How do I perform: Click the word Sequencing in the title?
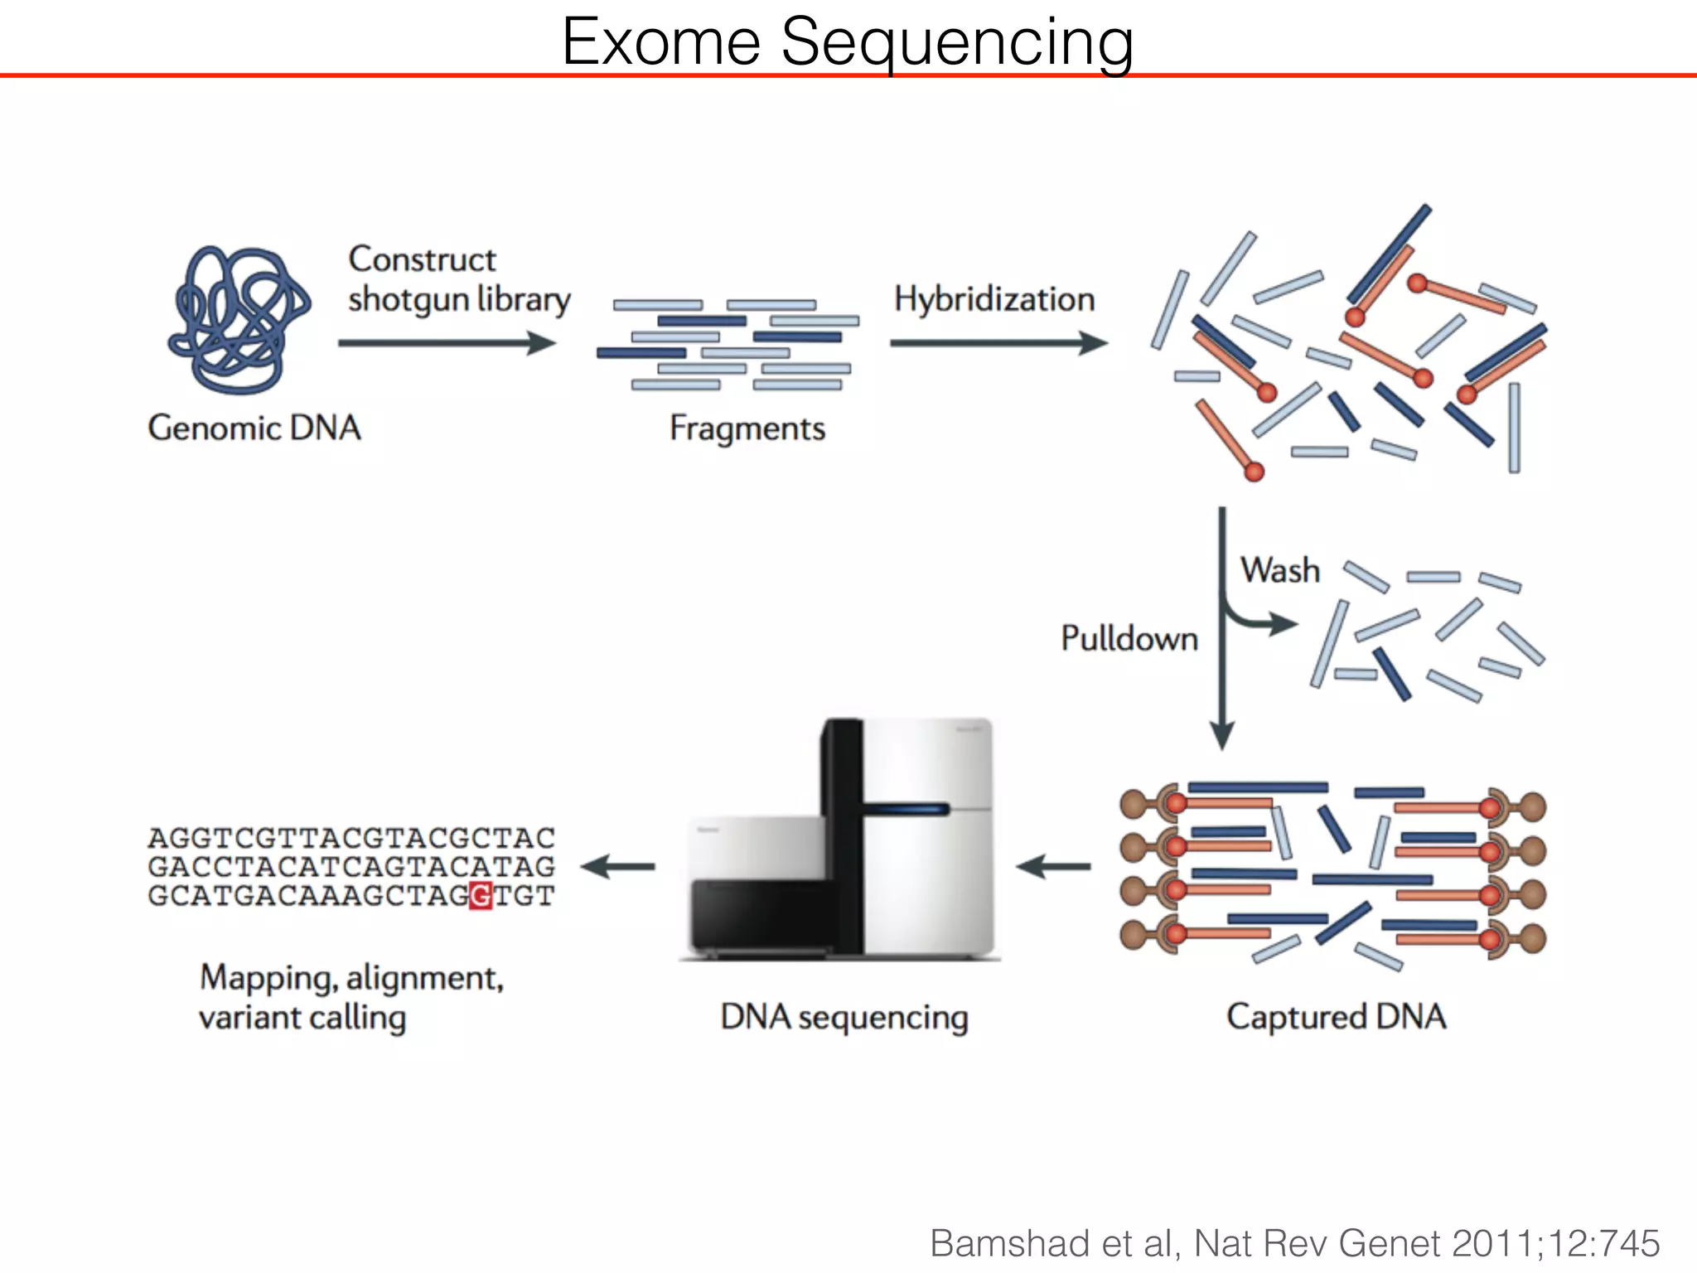(x=957, y=43)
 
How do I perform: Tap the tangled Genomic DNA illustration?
(x=239, y=320)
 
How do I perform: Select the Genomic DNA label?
(x=254, y=428)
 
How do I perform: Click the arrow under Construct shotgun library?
(x=447, y=342)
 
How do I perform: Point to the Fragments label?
(x=747, y=429)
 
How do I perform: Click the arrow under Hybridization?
(x=998, y=342)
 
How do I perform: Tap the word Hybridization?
(x=994, y=299)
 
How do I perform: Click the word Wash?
(x=1279, y=571)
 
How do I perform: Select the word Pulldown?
(x=1129, y=639)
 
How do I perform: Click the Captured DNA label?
(x=1336, y=1017)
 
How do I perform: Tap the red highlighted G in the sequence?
(x=481, y=896)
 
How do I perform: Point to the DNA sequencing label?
(x=844, y=1017)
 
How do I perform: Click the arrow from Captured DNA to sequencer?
(x=1053, y=867)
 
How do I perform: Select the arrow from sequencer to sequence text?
(x=617, y=867)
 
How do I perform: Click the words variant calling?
(x=302, y=1018)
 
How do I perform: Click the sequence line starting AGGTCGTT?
(x=351, y=838)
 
